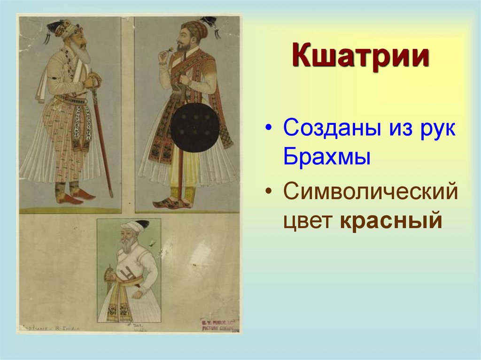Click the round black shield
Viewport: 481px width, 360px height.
194,127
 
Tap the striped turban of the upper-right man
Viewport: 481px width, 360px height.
194,29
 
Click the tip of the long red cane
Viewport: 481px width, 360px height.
111,195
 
